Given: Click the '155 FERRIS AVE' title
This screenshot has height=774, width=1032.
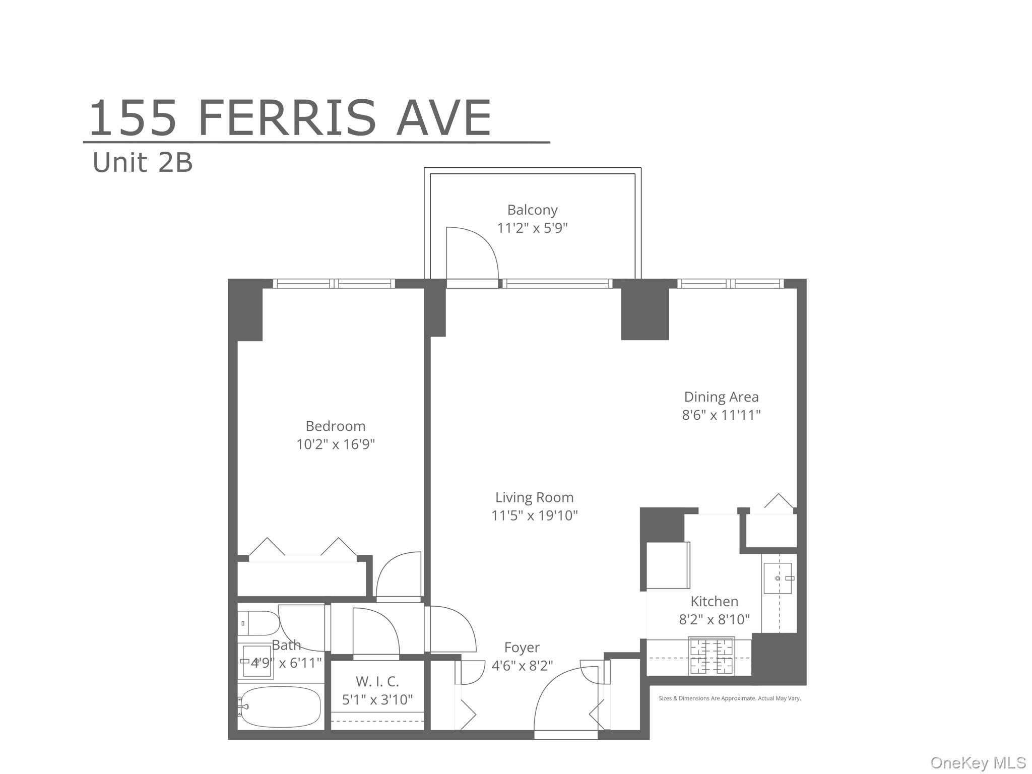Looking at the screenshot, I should [x=290, y=119].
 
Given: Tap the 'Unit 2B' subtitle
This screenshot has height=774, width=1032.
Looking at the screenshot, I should [x=143, y=163].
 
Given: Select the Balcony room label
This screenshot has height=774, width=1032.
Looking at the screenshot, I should [x=532, y=210].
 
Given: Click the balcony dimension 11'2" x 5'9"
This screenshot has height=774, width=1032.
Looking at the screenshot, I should [x=532, y=228].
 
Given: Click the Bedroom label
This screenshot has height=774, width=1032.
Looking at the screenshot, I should [x=335, y=426].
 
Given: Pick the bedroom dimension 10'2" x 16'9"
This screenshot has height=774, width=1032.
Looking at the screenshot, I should [x=335, y=444].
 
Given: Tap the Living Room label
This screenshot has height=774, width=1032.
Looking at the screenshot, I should [x=534, y=497].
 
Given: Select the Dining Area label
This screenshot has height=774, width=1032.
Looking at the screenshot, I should [x=721, y=397].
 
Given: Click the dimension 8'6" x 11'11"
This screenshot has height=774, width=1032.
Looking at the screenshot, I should [x=721, y=415].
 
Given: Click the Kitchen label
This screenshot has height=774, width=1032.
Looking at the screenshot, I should [x=714, y=601].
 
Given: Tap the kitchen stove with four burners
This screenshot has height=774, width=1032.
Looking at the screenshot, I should [x=711, y=656].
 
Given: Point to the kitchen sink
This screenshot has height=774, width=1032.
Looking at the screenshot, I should [x=778, y=578].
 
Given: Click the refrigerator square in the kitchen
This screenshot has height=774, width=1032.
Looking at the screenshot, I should [x=667, y=565].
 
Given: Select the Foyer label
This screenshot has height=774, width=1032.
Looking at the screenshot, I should [x=522, y=648].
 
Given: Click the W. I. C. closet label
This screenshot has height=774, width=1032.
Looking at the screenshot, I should [x=377, y=682].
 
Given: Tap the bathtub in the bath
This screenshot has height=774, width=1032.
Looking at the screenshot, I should [x=281, y=706].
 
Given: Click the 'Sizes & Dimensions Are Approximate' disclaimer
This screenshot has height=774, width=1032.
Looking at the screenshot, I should [x=729, y=698].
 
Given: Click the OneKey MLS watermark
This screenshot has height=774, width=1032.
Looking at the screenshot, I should [x=978, y=762].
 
